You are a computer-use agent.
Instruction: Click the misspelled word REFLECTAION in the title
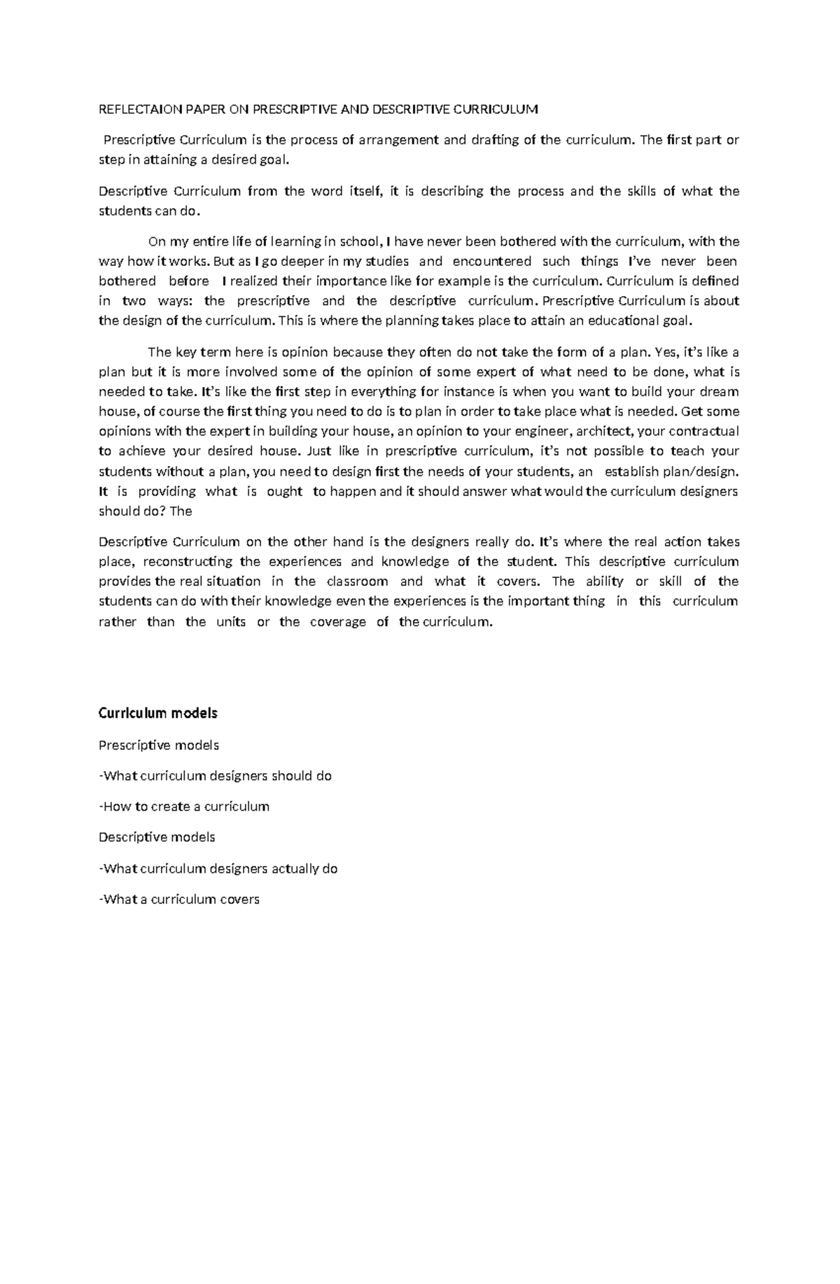pos(130,109)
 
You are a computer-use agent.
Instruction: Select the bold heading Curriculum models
pos(158,713)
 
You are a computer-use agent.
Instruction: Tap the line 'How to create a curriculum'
pos(184,806)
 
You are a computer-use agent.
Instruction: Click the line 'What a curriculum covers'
pos(179,899)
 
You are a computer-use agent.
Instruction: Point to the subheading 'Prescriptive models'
pos(159,745)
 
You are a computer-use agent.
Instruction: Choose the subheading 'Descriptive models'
pos(157,837)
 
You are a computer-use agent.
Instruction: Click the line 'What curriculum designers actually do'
pos(218,868)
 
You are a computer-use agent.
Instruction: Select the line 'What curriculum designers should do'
pos(216,776)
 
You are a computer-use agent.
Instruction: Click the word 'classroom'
pos(357,581)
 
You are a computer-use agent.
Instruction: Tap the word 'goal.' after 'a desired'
pos(272,160)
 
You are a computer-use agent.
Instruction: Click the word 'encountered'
pos(491,261)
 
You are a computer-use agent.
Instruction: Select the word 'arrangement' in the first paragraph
pos(399,139)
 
